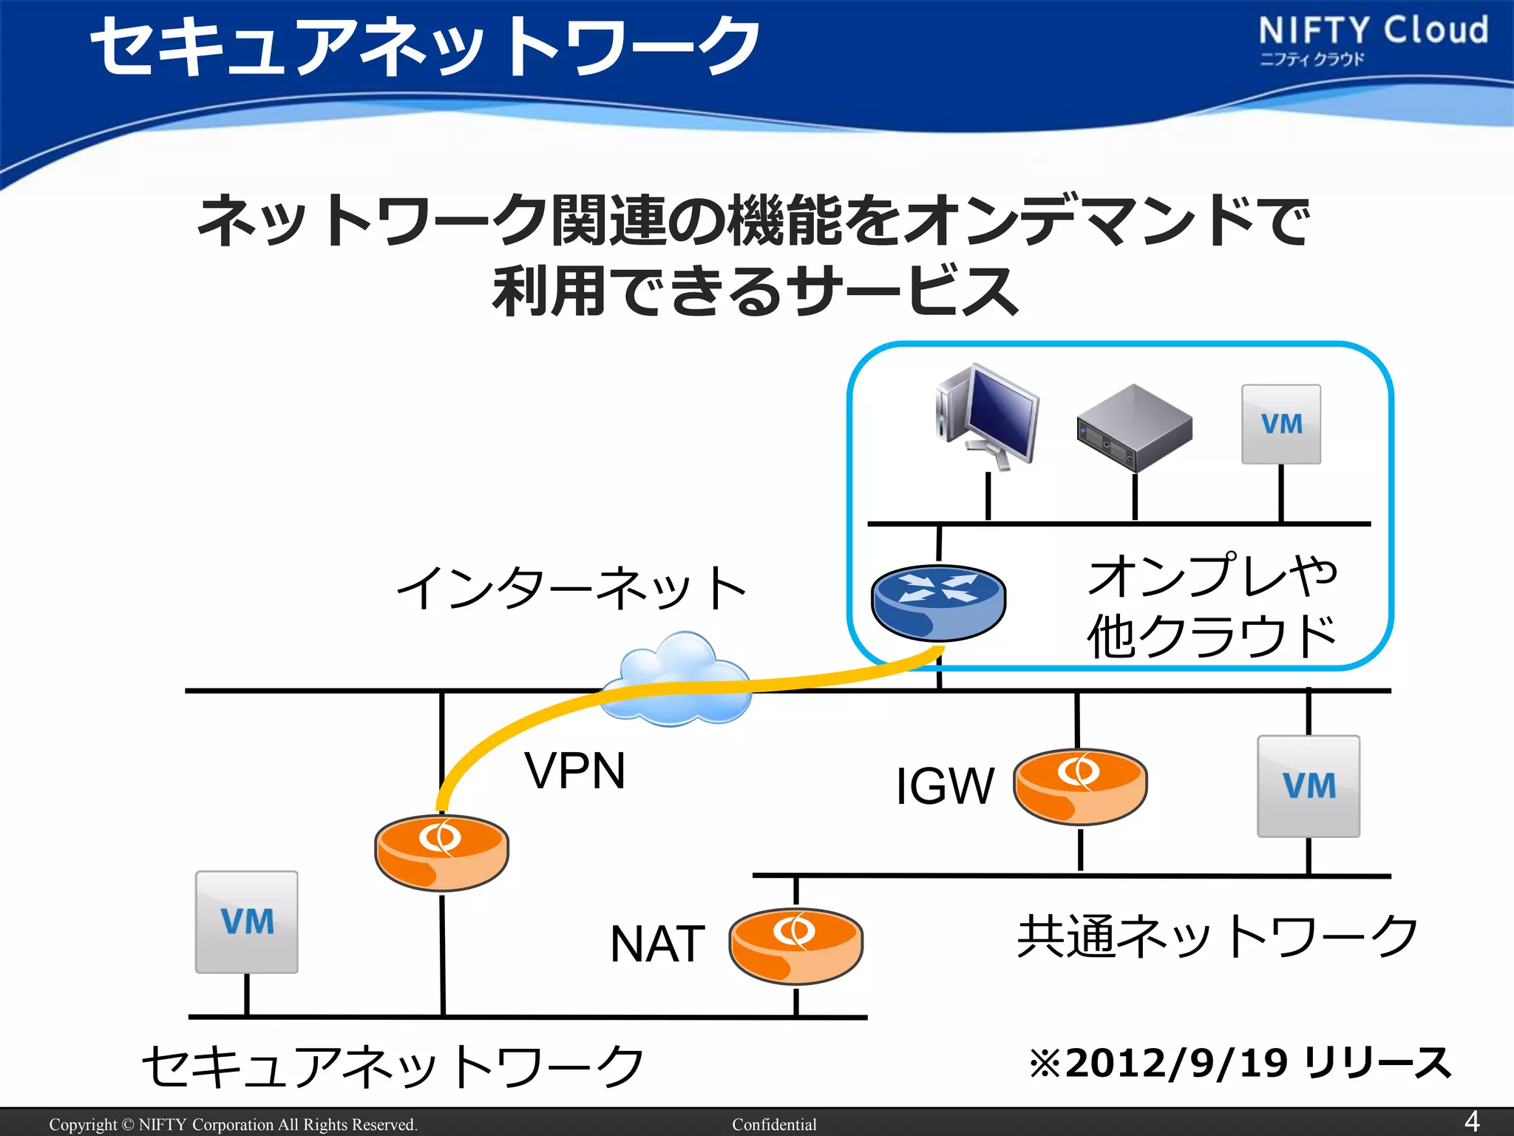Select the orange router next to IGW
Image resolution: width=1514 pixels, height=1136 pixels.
(x=1080, y=786)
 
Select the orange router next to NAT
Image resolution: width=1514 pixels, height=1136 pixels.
(x=795, y=946)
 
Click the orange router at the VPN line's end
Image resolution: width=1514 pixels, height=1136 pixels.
(x=441, y=852)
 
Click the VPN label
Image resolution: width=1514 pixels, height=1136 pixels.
(x=575, y=771)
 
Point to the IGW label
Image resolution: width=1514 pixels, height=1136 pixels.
(x=944, y=786)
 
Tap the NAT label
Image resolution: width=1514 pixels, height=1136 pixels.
(x=657, y=944)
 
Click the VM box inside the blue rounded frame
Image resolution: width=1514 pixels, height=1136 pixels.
(x=1281, y=425)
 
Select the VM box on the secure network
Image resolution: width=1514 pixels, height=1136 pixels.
(x=246, y=922)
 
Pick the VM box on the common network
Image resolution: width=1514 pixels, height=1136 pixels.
(x=1308, y=786)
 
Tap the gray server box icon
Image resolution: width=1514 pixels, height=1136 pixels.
(x=1134, y=428)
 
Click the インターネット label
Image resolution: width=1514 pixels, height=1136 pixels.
(x=571, y=589)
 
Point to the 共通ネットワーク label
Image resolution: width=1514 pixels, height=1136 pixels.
(x=1218, y=936)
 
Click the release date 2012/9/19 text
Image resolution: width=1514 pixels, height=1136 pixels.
(x=1240, y=1064)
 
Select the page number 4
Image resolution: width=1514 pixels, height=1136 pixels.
(x=1471, y=1121)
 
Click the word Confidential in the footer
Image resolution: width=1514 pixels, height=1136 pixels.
(x=774, y=1124)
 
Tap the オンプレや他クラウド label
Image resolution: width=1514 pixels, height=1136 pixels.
(x=1212, y=605)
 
